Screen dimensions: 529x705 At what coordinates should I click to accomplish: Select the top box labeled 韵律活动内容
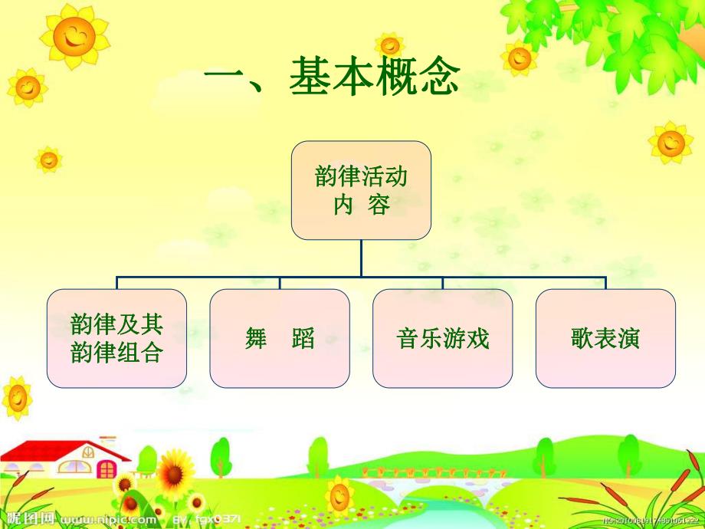[x=361, y=189]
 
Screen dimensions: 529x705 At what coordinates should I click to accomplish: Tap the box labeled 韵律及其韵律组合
[x=116, y=337]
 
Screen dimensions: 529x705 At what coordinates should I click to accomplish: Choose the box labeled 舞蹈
[x=280, y=337]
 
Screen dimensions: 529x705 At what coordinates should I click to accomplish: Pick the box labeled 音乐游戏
[x=443, y=337]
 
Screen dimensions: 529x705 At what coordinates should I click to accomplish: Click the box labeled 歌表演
[x=605, y=337]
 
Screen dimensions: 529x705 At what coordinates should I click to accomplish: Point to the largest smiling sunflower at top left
[x=74, y=34]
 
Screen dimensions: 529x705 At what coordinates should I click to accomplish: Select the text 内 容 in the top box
[x=361, y=205]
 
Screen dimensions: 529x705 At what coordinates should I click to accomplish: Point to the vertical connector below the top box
[x=361, y=257]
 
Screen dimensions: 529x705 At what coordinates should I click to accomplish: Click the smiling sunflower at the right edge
[x=671, y=142]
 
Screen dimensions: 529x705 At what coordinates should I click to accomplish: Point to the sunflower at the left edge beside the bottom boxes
[x=17, y=397]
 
